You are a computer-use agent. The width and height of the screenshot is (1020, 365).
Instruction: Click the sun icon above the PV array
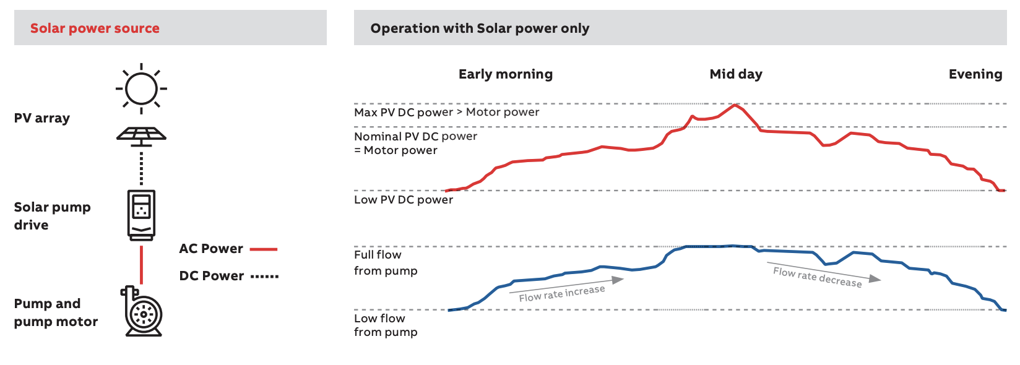(x=141, y=88)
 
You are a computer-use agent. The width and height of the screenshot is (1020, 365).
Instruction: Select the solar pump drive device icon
(x=141, y=215)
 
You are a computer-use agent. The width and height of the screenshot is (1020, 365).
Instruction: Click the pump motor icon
(x=143, y=312)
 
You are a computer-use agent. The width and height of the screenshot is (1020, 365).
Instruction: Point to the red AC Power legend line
(x=264, y=249)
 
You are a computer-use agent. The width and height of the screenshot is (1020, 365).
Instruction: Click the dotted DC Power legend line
(x=265, y=277)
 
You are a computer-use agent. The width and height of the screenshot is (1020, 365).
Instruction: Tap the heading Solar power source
(x=95, y=28)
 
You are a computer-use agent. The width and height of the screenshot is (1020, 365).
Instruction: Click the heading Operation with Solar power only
(x=480, y=28)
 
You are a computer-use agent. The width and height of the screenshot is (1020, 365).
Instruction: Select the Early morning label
(x=505, y=74)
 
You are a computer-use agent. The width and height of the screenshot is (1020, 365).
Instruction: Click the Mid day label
(x=735, y=74)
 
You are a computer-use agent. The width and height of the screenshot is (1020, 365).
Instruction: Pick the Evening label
(x=975, y=74)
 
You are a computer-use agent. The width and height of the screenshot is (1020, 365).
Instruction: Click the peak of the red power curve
(x=735, y=105)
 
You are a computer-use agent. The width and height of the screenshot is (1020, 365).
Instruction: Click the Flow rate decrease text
(x=816, y=277)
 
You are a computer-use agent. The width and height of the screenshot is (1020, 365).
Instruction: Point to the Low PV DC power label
(x=403, y=200)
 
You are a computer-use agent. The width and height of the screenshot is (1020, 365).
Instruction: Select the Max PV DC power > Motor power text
(x=446, y=112)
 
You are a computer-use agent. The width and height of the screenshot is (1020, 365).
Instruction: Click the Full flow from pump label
(x=385, y=262)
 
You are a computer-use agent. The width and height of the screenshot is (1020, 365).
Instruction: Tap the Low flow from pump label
(x=385, y=325)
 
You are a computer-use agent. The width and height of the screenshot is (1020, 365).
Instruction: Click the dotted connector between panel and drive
(x=141, y=168)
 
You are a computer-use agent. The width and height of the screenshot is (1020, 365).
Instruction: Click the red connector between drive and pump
(x=141, y=264)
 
